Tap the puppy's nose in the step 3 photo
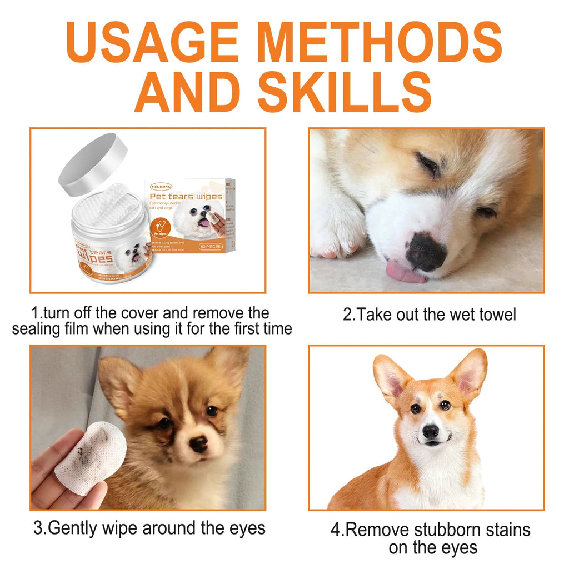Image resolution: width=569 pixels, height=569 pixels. pos(198,443)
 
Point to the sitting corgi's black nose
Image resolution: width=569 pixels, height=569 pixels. pos(431,431)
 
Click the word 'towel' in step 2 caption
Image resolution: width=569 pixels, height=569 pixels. pos(494,315)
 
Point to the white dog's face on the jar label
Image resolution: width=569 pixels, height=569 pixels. pos(133,254)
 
